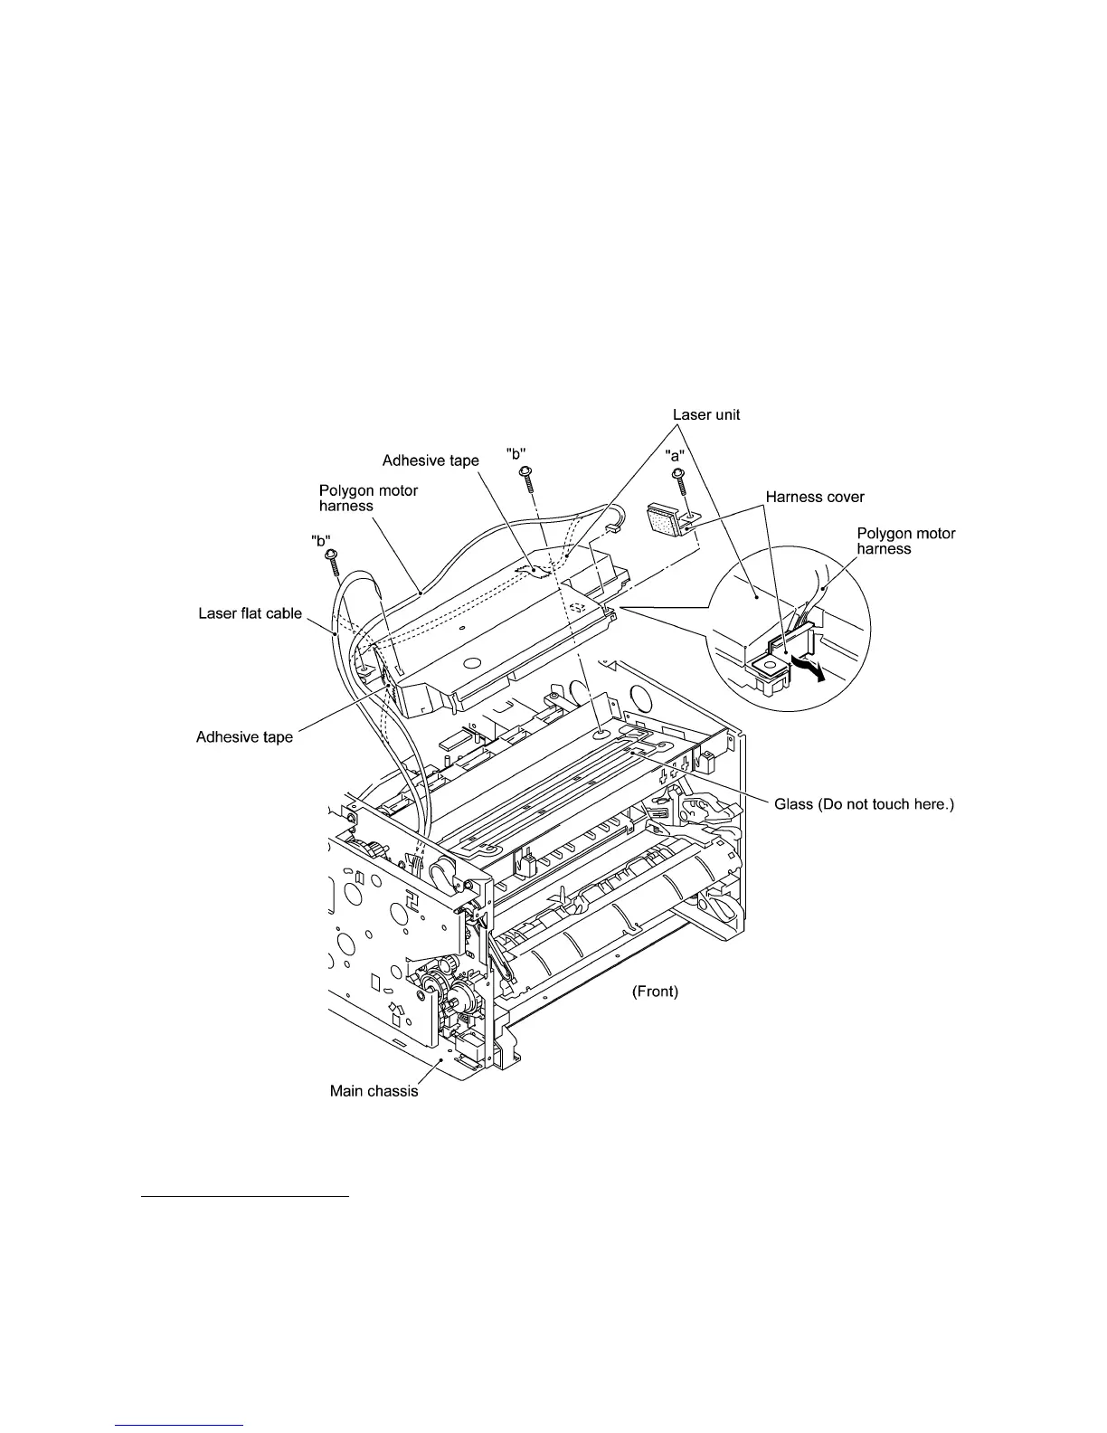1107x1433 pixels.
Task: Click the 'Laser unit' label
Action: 705,415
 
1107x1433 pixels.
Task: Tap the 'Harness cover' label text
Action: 814,497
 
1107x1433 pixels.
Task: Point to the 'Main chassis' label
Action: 374,1091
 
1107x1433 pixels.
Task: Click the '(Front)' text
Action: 655,992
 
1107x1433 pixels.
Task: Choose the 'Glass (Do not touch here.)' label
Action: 865,804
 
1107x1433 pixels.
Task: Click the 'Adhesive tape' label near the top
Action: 430,460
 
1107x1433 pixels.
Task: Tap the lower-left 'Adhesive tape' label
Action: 244,737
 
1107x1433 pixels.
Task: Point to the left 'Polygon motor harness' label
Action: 368,498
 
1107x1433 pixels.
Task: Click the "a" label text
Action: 676,451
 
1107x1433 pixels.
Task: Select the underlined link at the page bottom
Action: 180,1426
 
